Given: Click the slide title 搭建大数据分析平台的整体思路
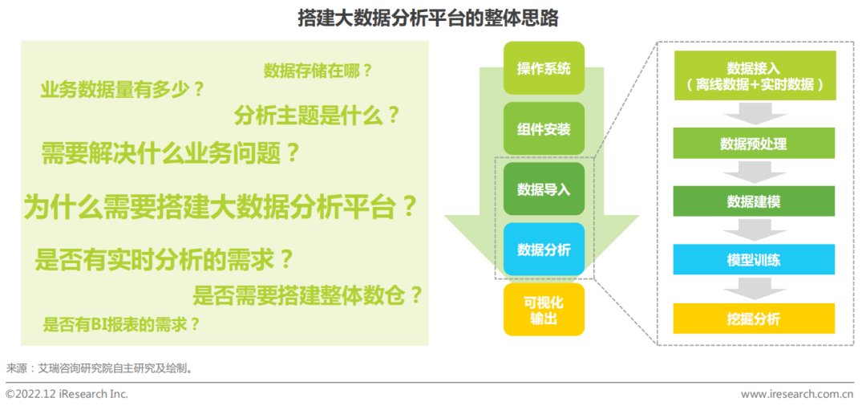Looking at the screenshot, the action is coord(428,18).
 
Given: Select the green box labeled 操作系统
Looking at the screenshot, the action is coord(544,68).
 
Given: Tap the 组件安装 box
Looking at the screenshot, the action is coord(544,128).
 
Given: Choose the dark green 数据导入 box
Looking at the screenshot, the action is coord(544,189).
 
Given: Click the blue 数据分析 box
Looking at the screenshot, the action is coord(544,249).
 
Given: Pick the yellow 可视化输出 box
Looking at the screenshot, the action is coord(544,310).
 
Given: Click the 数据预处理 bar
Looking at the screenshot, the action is coord(754,144).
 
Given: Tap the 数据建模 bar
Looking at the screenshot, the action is coord(754,201).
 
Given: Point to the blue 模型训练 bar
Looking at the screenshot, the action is coord(754,260).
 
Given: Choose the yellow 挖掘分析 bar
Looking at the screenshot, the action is coord(754,319).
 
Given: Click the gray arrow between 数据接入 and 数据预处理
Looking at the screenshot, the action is coord(755,114).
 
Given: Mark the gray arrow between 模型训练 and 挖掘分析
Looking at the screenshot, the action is coord(755,288).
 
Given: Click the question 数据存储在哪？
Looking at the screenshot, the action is coord(318,71).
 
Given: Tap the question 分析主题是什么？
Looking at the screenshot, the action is coord(317,116).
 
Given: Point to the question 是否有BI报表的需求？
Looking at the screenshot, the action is coord(122,324).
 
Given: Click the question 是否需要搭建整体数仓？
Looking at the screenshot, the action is coord(308,295).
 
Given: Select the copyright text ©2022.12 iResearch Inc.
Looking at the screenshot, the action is coord(67,395).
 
